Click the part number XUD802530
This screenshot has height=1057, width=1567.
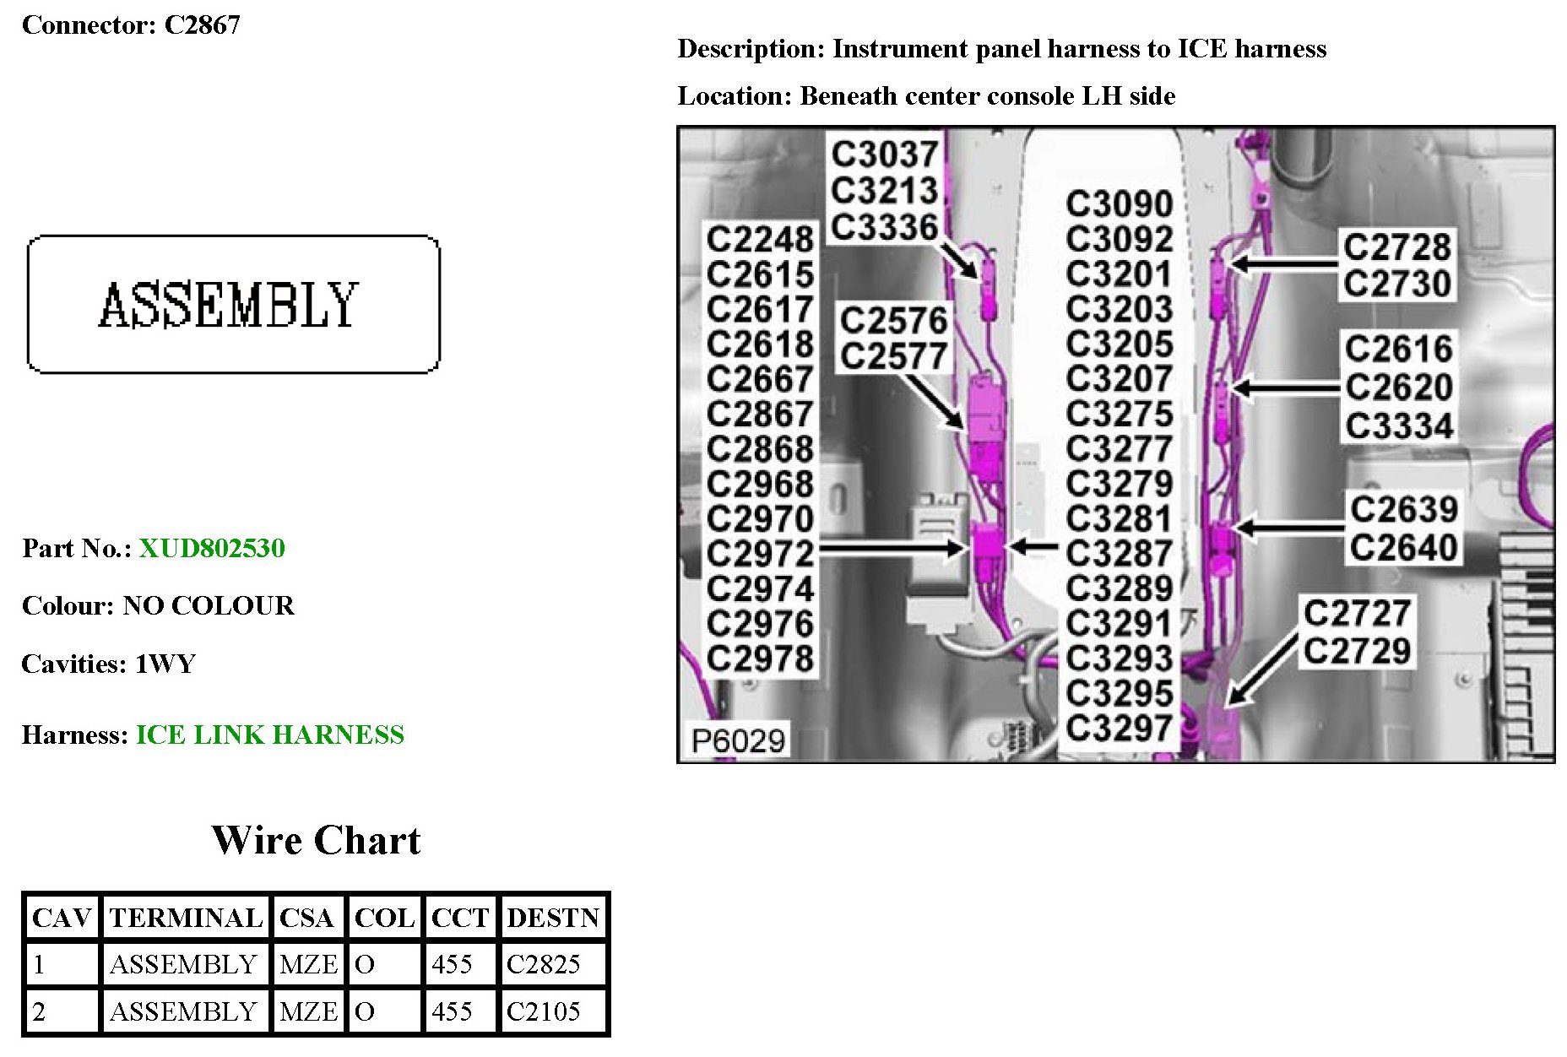(x=212, y=549)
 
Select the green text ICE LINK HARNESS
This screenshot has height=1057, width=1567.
(x=269, y=734)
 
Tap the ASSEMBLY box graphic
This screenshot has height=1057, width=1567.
(x=233, y=304)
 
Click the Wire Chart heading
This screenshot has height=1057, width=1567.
(x=316, y=840)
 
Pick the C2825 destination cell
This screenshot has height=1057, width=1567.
(x=543, y=964)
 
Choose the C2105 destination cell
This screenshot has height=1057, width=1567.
(x=543, y=1011)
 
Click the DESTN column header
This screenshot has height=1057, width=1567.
(x=553, y=918)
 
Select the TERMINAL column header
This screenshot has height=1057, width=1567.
(x=186, y=918)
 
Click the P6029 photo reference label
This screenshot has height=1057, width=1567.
(x=738, y=740)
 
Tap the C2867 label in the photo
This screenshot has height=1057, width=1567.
(x=760, y=414)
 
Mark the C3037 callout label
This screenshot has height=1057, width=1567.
(x=884, y=154)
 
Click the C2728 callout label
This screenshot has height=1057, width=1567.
(x=1397, y=247)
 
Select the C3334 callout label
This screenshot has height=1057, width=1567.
(x=1399, y=426)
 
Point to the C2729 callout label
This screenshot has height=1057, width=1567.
(x=1357, y=650)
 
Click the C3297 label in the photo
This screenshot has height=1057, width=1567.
(x=1120, y=728)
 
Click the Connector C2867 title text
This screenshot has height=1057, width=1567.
(x=131, y=25)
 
